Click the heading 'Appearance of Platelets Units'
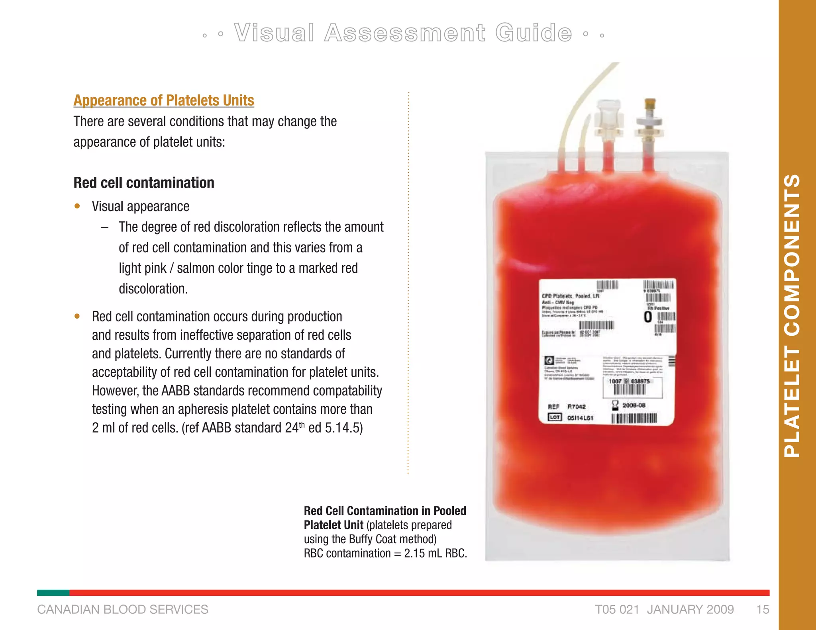tap(163, 100)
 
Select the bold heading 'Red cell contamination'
tap(144, 183)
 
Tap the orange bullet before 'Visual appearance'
tap(77, 206)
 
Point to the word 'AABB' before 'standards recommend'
tap(175, 391)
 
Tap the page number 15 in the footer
tap(763, 609)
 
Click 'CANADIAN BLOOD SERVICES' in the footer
tap(122, 609)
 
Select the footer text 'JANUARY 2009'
tap(690, 609)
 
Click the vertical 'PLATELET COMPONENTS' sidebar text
tap(792, 315)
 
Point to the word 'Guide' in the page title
tap(534, 33)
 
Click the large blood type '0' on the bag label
tap(648, 317)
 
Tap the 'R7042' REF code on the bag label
tap(577, 407)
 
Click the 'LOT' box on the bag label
tap(555, 417)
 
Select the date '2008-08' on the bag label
tap(634, 405)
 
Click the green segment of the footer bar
tap(53, 593)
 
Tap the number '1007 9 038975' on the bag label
tap(629, 381)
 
